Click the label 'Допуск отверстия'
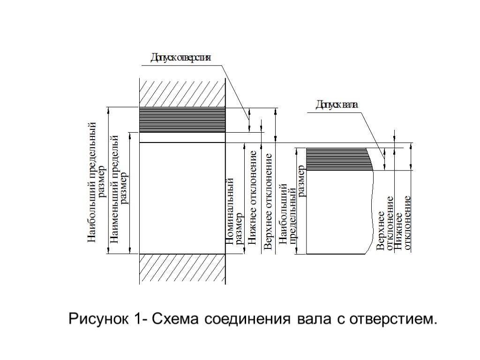pos(180,58)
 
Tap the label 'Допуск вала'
pos(336,105)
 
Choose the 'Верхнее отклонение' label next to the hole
pos(268,202)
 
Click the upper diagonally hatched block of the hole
pos(182,92)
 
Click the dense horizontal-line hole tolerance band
pos(182,120)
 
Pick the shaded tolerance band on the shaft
pos(338,158)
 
